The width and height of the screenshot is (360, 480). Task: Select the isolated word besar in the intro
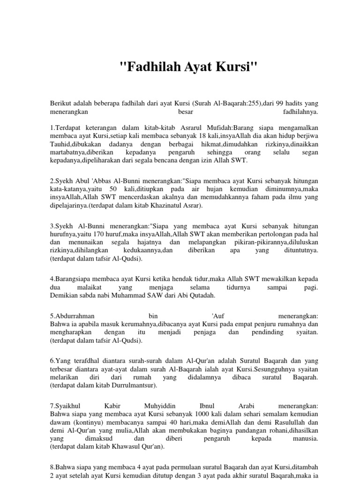pos(186,112)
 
